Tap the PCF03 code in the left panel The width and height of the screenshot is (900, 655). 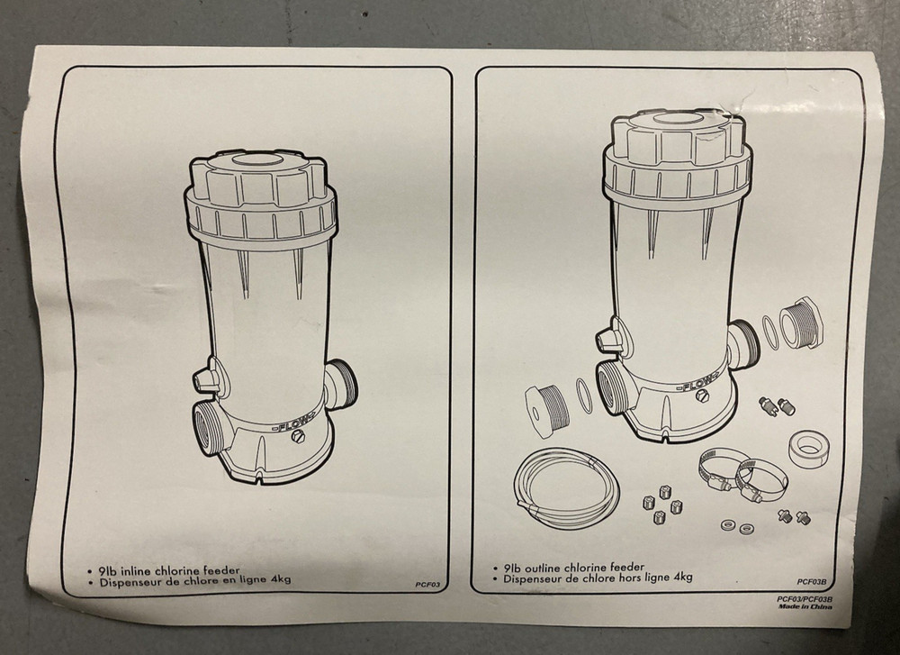(427, 585)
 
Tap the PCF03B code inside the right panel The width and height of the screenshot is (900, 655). (811, 582)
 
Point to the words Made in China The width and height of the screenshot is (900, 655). (805, 606)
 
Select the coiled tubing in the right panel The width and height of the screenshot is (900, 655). (566, 488)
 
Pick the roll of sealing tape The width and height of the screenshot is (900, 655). (811, 447)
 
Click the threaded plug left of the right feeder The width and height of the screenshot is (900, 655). (546, 405)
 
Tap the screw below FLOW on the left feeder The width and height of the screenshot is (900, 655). (298, 437)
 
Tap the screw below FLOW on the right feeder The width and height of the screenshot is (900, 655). (701, 396)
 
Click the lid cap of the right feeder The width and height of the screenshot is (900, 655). (678, 141)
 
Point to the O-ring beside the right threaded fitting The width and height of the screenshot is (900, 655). (771, 332)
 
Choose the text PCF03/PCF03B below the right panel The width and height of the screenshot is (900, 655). (804, 599)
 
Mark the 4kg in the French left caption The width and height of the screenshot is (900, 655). (278, 578)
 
